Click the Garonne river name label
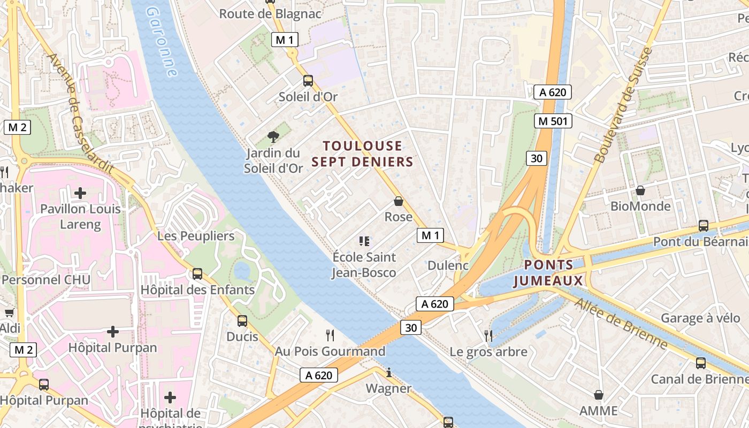point(162,42)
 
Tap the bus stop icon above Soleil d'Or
point(308,81)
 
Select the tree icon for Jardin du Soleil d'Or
point(273,137)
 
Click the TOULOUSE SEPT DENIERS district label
point(362,154)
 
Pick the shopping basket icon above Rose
point(399,201)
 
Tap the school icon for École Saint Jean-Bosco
point(364,241)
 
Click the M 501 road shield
point(553,121)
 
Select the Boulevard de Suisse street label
point(623,105)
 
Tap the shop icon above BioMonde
point(640,190)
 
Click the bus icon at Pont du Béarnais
point(703,226)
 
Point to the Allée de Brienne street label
point(621,324)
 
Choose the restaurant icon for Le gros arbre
point(488,335)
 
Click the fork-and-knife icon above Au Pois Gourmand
point(330,335)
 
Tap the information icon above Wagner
point(389,372)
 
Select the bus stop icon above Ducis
point(242,321)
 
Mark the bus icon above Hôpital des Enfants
point(197,274)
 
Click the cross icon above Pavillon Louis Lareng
point(80,193)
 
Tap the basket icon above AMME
point(599,395)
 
